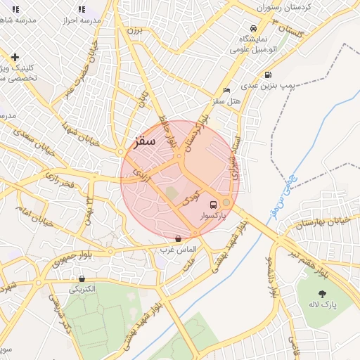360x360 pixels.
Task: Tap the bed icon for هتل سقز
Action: coord(226,91)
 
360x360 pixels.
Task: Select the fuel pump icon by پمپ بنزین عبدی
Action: coord(268,75)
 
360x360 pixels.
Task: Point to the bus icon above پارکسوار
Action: coord(213,205)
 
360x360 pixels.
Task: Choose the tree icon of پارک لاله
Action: coord(323,295)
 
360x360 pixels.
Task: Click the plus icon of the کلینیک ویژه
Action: coord(15,57)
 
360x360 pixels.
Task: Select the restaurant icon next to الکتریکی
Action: coord(82,278)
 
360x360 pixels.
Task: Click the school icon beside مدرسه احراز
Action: coord(82,10)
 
